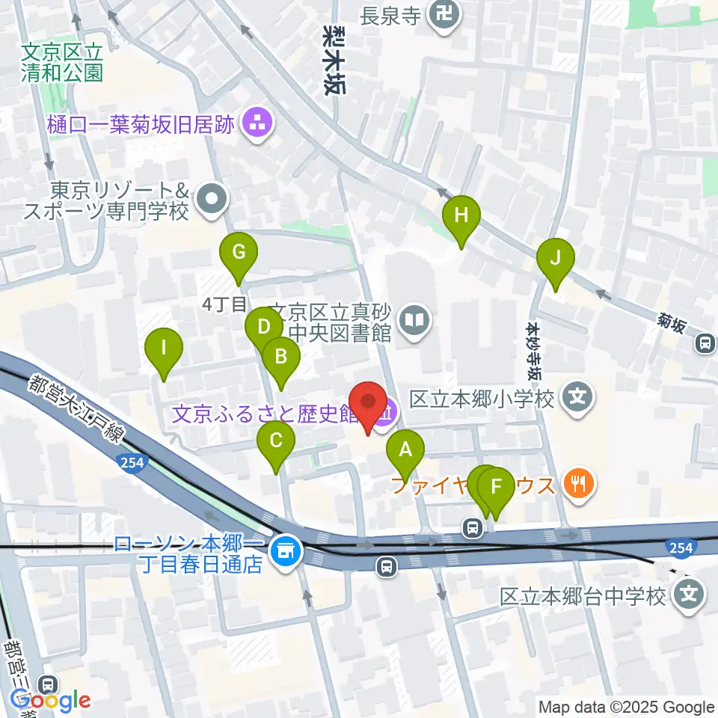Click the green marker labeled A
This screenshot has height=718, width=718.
(405, 452)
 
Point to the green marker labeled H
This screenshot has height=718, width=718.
(461, 217)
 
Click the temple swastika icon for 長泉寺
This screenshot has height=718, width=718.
(444, 13)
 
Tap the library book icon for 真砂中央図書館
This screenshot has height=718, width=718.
(414, 322)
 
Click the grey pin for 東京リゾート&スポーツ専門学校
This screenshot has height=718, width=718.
(212, 200)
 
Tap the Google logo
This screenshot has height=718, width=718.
(52, 700)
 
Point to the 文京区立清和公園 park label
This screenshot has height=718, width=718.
(61, 62)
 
